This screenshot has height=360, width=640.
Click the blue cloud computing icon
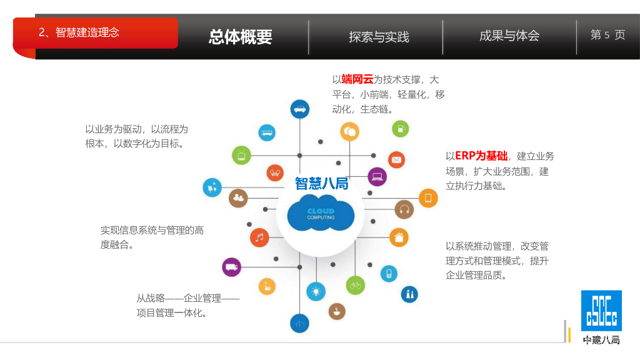(321, 213)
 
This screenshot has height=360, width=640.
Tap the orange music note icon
(259, 237)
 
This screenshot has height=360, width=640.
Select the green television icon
(241, 154)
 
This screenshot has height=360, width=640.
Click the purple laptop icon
(377, 177)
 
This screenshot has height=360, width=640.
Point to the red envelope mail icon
(396, 160)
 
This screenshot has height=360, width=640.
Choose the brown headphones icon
(404, 209)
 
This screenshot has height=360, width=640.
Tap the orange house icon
(399, 237)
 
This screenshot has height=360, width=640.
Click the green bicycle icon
(356, 285)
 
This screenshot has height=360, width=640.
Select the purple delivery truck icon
(231, 267)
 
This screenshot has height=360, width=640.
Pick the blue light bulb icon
(316, 291)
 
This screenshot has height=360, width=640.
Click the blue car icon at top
(300, 109)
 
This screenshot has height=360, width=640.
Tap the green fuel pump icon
(400, 129)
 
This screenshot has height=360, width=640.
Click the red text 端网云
(357, 79)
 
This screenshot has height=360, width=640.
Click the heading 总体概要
(241, 37)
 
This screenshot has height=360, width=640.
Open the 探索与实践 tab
(379, 37)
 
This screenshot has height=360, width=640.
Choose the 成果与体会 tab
(509, 36)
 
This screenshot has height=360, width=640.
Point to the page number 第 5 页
(607, 35)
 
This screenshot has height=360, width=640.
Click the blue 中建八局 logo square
(601, 311)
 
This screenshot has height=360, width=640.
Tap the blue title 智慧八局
(321, 183)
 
